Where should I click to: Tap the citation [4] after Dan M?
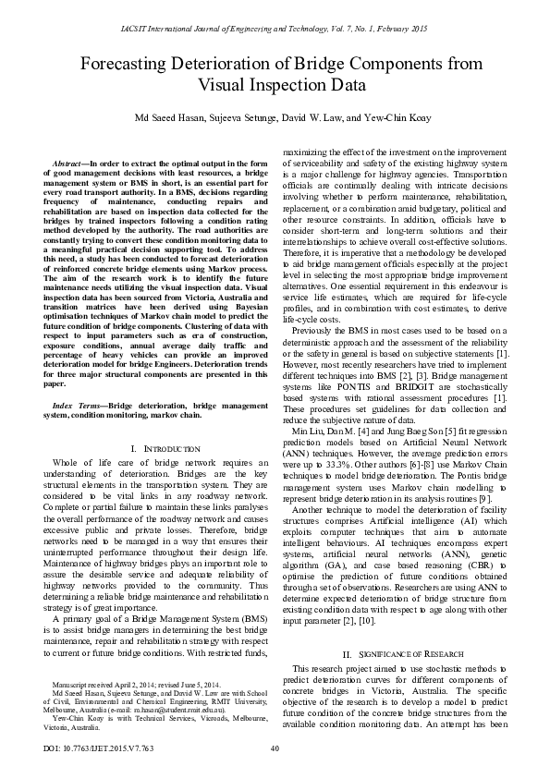point(371,430)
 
